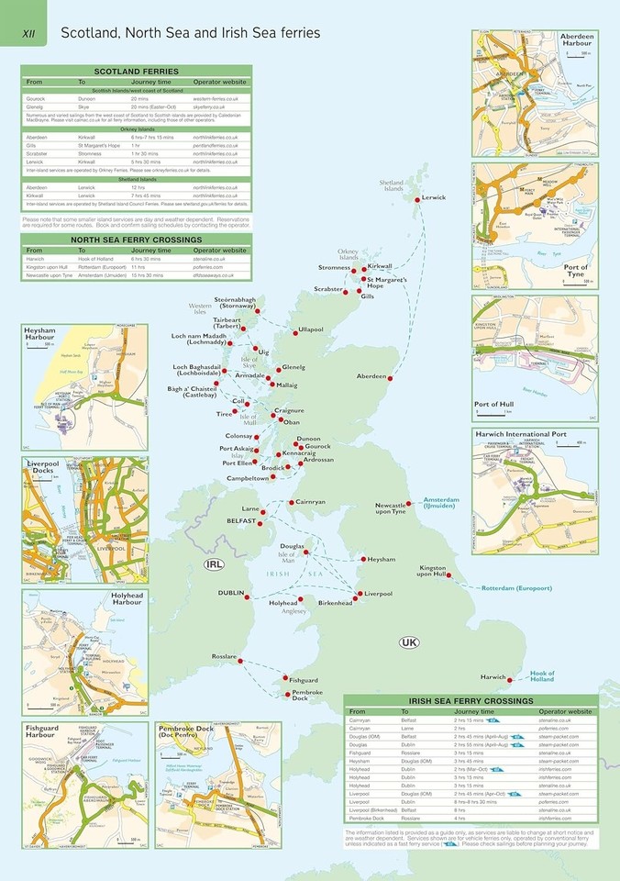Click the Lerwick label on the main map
(x=434, y=197)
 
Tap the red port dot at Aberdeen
(x=390, y=378)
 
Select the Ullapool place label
(x=311, y=329)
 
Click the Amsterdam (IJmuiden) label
(x=449, y=505)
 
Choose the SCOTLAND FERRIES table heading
(x=137, y=71)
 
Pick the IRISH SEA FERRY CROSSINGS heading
(x=471, y=701)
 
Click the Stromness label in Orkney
(x=334, y=267)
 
